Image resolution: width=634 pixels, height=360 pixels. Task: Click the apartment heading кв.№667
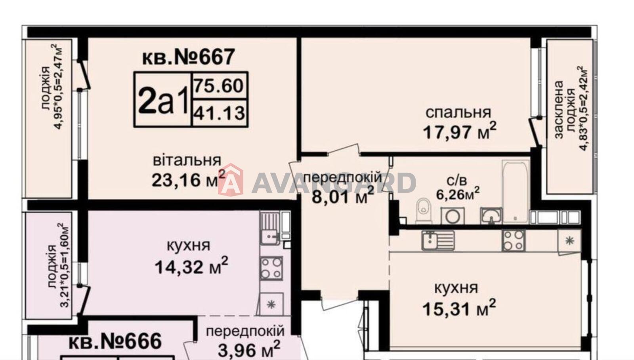click(188, 57)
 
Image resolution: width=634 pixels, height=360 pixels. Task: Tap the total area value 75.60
click(218, 86)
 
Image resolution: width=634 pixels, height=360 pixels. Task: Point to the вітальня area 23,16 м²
click(189, 179)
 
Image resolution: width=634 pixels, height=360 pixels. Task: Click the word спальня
click(458, 112)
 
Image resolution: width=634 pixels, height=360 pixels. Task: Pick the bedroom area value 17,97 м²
click(459, 131)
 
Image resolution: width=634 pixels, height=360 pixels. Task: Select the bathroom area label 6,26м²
click(458, 194)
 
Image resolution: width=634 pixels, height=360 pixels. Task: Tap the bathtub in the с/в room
click(516, 191)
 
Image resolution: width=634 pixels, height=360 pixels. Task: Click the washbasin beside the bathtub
click(491, 216)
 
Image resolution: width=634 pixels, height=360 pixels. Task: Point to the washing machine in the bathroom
click(453, 216)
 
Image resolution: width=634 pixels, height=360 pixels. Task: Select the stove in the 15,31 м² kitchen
click(514, 241)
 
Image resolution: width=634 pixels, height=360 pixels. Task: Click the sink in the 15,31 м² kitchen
click(438, 240)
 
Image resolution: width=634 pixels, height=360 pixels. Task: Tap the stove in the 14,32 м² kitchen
click(271, 268)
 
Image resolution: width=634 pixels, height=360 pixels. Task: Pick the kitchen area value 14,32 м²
click(191, 266)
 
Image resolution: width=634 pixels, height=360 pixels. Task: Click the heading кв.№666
click(115, 342)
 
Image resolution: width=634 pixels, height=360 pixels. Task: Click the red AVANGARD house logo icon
click(230, 180)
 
